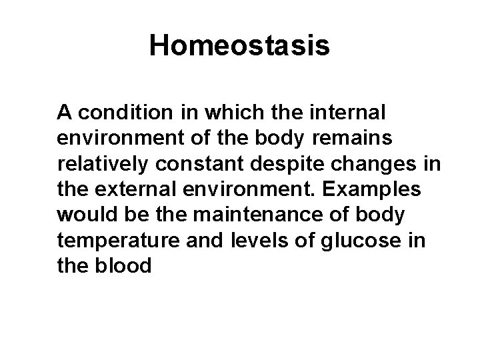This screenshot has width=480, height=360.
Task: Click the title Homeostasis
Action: [239, 46]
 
